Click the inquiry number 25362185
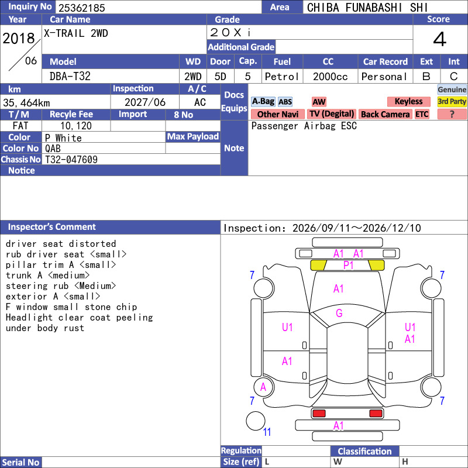82,8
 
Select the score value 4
440,39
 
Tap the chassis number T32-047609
71,159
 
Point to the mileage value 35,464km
26,103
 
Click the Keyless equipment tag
408,101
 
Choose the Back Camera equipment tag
385,114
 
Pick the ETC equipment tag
422,114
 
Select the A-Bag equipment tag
263,101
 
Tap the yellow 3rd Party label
452,101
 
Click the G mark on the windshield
339,313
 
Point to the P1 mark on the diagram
348,265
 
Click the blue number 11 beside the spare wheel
267,432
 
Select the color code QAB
53,149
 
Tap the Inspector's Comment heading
52,227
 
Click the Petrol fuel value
282,77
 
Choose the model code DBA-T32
70,77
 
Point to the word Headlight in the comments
29,318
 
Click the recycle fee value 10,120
76,126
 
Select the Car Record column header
386,61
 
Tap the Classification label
364,451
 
